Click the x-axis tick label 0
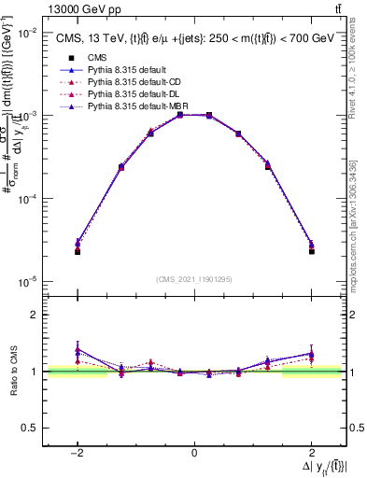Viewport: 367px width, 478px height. click(194, 454)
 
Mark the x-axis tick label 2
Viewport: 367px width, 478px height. click(311, 454)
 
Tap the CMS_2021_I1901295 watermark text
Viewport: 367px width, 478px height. click(194, 279)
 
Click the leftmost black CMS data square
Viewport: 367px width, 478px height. click(78, 252)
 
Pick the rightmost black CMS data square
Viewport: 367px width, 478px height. click(311, 251)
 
